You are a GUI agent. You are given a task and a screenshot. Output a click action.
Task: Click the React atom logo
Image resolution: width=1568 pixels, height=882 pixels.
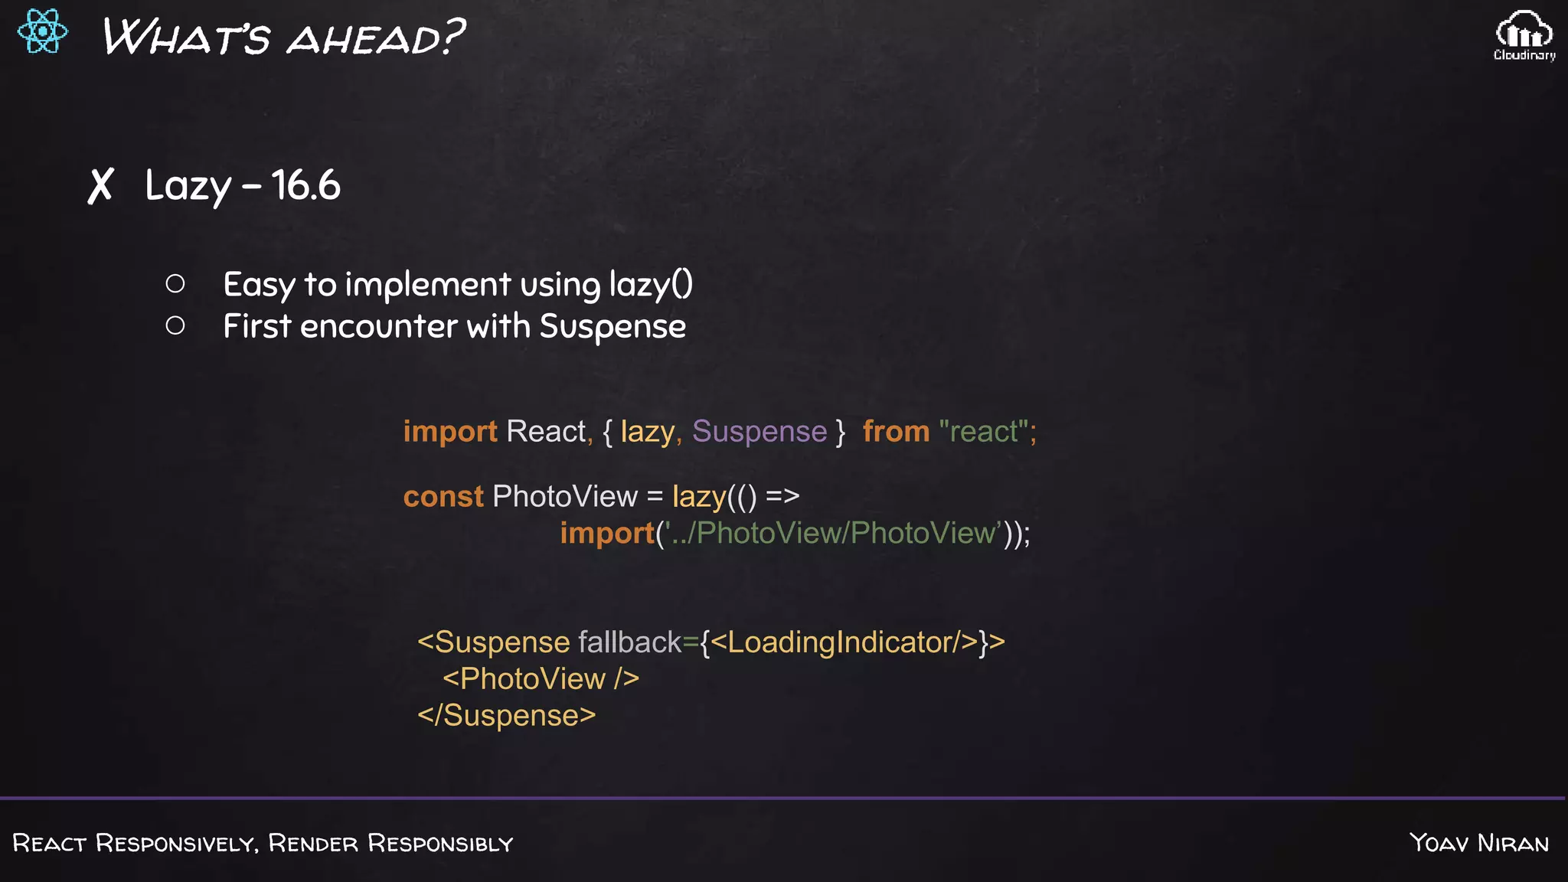[43, 31]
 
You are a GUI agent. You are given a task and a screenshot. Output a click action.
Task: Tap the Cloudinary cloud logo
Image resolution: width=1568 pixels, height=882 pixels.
[1524, 34]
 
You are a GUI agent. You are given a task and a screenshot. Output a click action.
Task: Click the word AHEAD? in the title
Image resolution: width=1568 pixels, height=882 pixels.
[376, 38]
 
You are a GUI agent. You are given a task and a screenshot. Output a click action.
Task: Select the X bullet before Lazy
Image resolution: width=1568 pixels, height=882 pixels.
[100, 186]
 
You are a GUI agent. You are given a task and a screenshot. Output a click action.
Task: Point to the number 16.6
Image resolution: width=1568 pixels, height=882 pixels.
[305, 185]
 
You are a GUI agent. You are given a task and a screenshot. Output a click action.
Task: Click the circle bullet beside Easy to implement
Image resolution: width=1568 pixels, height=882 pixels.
[175, 284]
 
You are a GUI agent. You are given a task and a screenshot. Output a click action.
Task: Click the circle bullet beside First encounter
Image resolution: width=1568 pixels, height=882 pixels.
[175, 326]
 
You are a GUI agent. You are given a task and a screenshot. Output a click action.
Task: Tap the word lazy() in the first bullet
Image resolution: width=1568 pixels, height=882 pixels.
[651, 285]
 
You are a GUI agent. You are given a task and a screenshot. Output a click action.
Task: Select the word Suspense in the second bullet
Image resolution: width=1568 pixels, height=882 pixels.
[612, 327]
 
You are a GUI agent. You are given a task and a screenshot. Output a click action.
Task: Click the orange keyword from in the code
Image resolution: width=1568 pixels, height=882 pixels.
[896, 432]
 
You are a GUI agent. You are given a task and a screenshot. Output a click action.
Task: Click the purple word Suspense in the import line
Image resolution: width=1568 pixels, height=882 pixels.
[759, 432]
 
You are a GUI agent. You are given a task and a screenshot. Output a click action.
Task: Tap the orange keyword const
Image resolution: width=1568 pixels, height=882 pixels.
[443, 497]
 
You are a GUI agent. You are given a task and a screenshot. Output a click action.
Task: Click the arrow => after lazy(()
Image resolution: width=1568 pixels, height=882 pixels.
[782, 496]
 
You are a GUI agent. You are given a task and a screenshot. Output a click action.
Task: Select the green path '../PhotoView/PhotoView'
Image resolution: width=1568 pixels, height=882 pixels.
[835, 533]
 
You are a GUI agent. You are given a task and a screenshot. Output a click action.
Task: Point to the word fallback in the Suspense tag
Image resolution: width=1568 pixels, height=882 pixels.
[629, 642]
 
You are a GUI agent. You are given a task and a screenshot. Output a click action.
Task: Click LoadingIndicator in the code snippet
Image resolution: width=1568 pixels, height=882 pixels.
[841, 642]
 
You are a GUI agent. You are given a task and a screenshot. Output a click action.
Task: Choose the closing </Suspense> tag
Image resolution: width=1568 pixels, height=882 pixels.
[506, 716]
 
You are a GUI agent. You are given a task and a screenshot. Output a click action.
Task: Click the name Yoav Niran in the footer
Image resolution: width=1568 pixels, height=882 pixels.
[1479, 843]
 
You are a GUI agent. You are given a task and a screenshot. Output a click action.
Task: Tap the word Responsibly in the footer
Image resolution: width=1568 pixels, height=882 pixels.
[440, 843]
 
